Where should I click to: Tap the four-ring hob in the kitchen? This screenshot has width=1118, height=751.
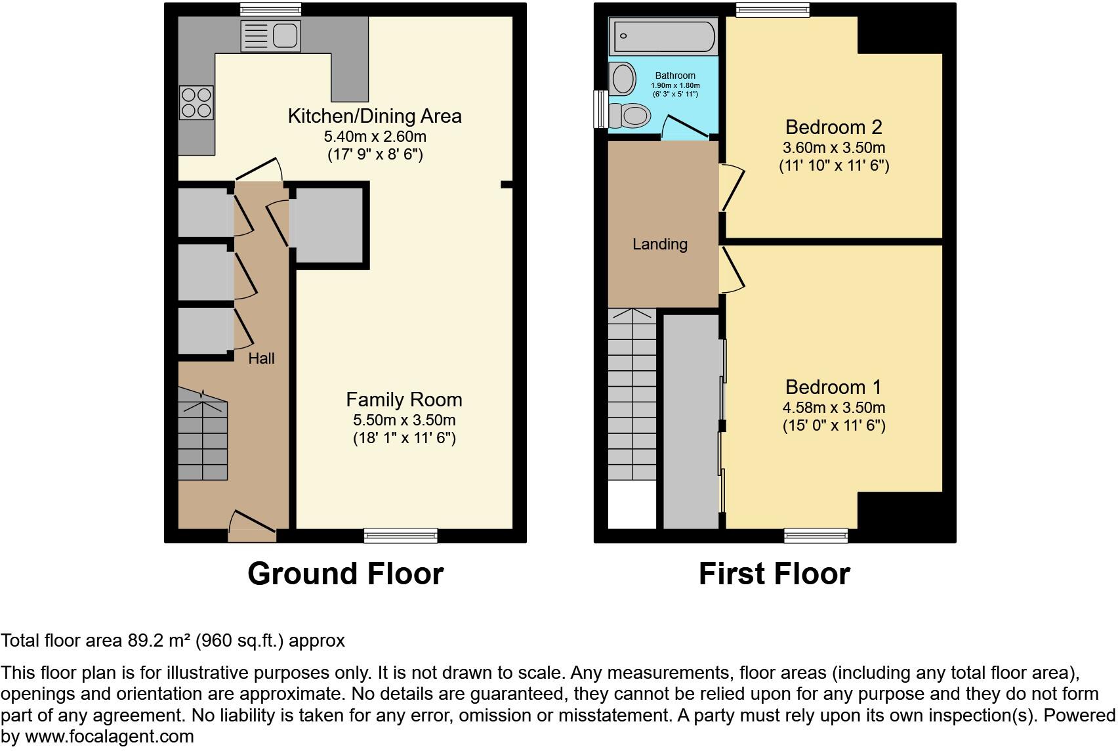197,103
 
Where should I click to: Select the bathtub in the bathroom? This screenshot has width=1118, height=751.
663,37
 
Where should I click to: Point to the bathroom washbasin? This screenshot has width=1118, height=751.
623,78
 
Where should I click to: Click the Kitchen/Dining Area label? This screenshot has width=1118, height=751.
375,116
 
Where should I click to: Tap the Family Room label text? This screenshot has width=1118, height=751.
404,399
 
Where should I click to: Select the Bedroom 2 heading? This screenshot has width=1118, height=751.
833,127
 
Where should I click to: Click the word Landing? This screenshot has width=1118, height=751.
659,244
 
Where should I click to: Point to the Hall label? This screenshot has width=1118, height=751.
261,358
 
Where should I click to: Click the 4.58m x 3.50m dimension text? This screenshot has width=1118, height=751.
833,408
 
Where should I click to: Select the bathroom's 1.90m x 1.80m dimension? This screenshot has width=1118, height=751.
675,85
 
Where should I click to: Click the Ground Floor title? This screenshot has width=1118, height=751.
345,573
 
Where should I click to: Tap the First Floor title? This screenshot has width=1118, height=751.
774,573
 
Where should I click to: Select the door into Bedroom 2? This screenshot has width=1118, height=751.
732,187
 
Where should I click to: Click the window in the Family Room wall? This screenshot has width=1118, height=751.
400,536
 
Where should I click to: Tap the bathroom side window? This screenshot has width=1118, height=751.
599,109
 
